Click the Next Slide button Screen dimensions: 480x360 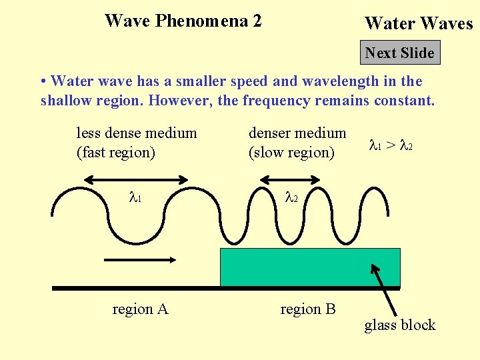(400, 53)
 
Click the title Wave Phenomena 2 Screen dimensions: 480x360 (183, 21)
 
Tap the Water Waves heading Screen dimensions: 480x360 (418, 24)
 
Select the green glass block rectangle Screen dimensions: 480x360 (310, 267)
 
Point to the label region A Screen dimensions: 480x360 (140, 309)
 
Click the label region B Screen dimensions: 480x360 (307, 309)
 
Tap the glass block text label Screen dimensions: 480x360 (399, 325)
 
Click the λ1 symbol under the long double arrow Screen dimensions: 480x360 (135, 197)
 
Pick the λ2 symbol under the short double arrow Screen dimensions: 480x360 (291, 197)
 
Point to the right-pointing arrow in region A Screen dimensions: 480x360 (140, 260)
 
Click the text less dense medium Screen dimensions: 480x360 (137, 133)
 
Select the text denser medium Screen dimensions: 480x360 (297, 133)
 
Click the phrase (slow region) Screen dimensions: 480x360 (291, 152)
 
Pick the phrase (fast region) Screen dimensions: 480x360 (116, 152)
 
